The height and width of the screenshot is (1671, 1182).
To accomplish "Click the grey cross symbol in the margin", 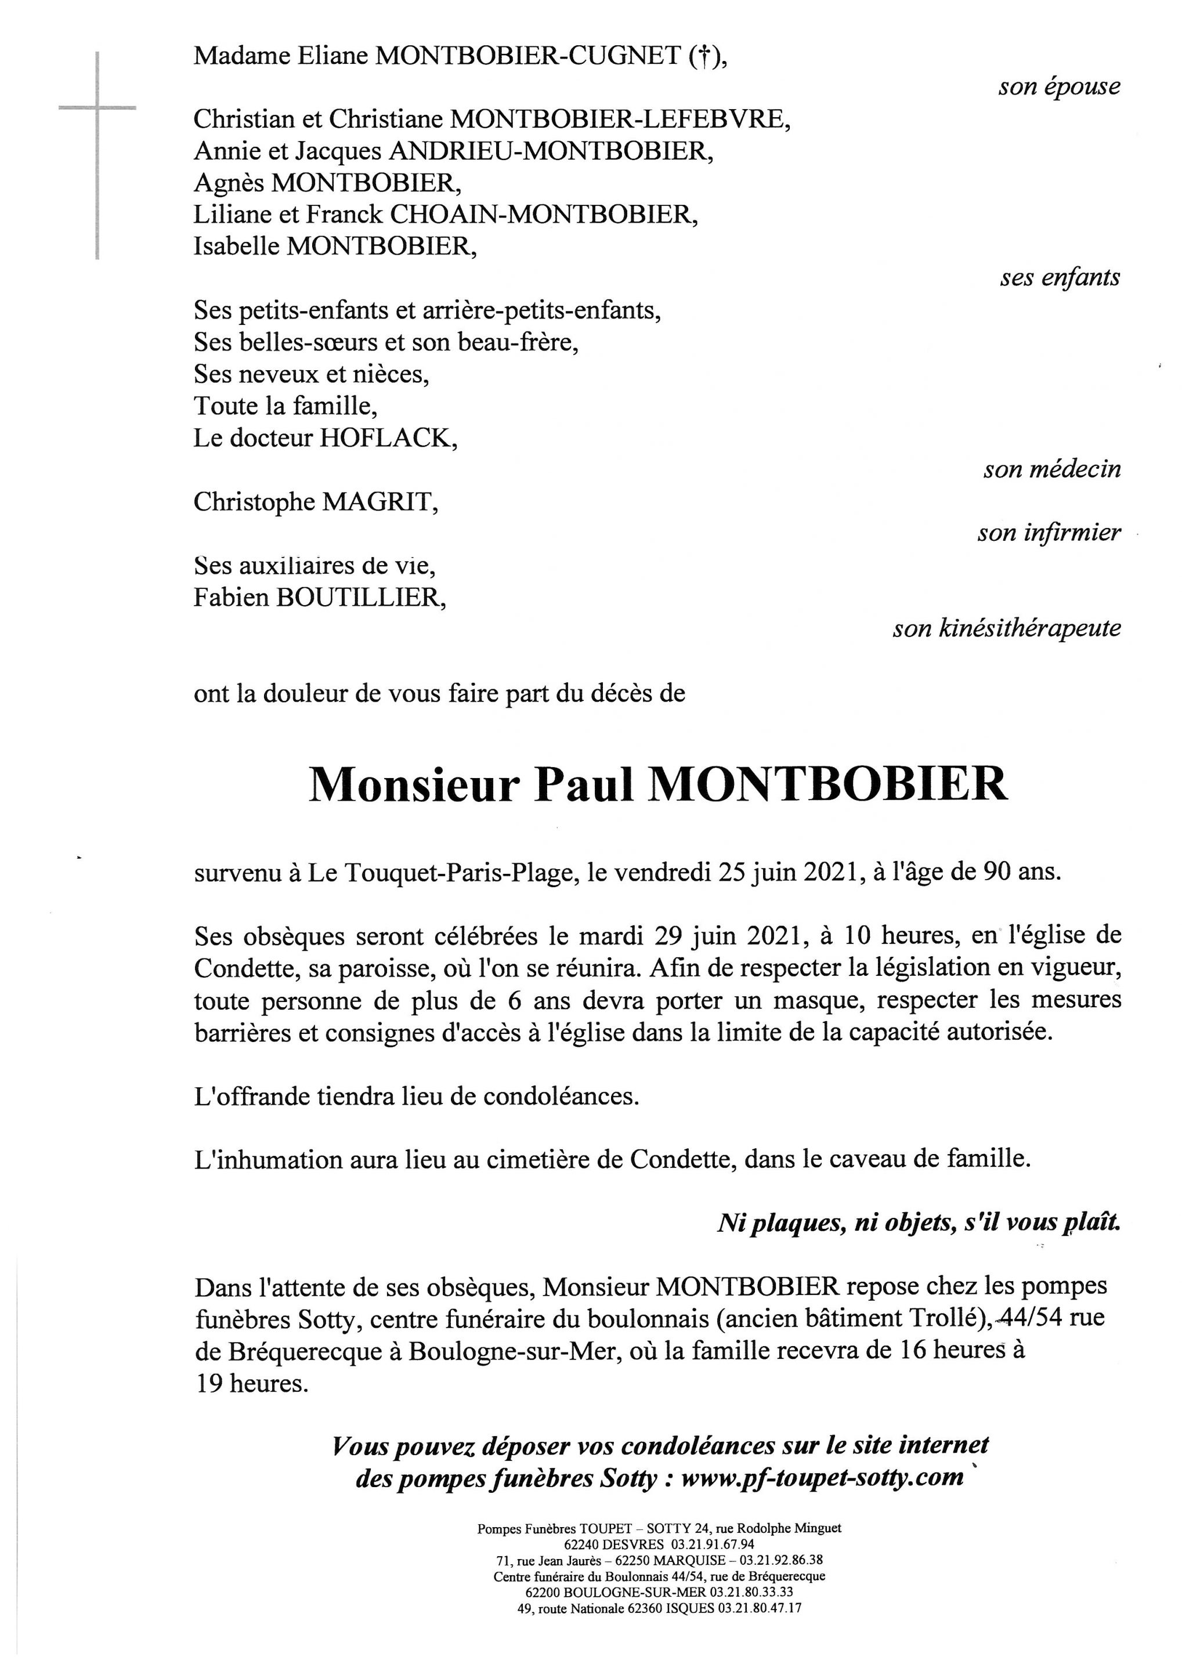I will pos(97,109).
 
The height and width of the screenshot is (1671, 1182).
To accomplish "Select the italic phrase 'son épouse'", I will pos(1059,86).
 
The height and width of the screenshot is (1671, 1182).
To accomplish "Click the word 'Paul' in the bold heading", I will pos(584,784).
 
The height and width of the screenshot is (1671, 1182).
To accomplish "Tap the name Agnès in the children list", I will pos(229,183).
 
